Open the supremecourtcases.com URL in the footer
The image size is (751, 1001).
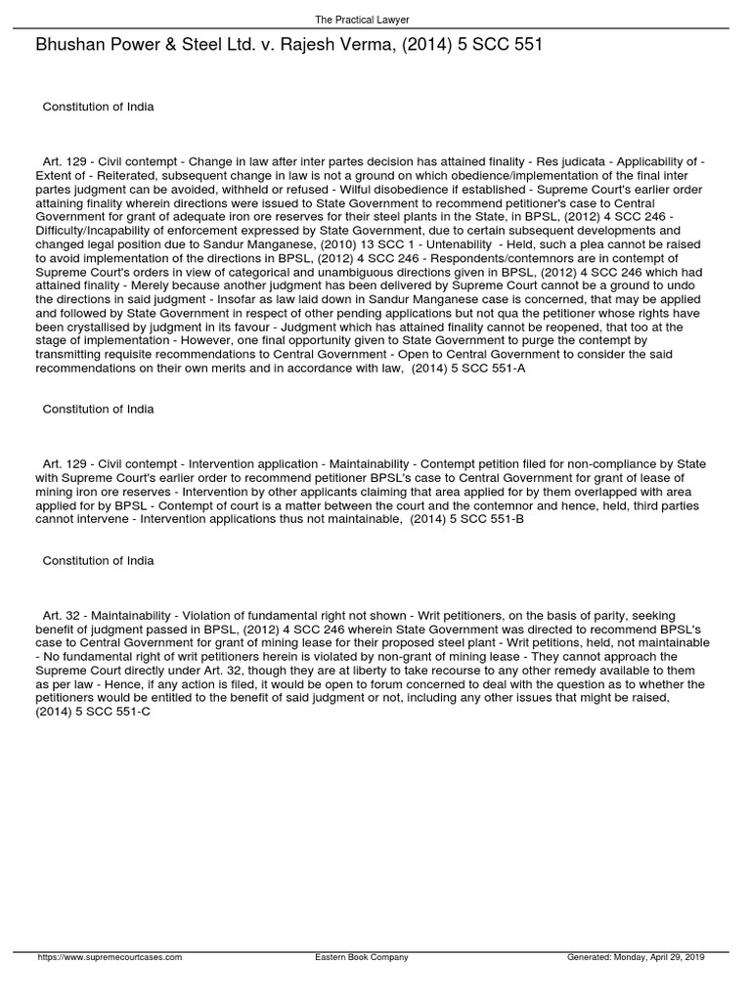(x=110, y=956)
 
